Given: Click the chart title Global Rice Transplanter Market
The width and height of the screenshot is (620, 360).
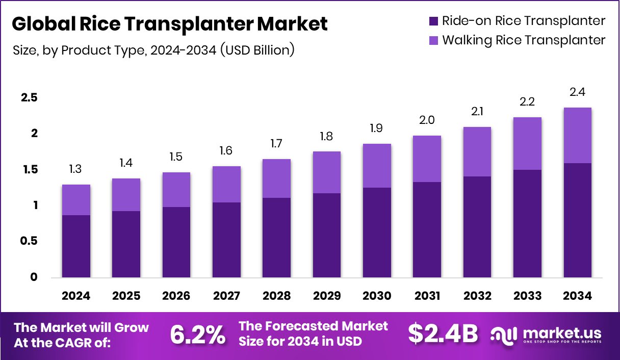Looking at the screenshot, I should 169,23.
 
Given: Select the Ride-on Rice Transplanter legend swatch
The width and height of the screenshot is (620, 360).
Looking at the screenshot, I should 433,21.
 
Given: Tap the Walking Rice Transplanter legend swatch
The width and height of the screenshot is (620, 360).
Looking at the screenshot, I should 433,40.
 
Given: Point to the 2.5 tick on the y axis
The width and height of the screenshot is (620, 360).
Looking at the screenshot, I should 29,98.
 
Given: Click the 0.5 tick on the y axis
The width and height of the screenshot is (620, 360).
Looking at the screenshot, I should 29,241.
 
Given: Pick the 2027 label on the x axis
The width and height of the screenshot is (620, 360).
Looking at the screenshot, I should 226,296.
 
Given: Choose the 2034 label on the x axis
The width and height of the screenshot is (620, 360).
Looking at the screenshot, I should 578,296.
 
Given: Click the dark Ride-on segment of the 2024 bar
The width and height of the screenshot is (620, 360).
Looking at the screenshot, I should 76,247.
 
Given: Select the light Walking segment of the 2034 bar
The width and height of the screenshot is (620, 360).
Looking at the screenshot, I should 578,136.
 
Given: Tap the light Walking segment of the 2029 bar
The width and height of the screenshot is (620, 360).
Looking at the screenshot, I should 327,172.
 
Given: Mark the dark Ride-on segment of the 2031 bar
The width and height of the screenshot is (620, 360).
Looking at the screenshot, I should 427,230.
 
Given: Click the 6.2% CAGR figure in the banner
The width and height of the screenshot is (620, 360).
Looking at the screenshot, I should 197,334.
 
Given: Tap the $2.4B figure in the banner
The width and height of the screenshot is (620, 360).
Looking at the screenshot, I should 443,334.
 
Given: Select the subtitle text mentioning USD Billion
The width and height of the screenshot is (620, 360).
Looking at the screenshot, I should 153,50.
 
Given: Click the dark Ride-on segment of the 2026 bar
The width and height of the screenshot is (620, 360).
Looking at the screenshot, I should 176,243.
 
